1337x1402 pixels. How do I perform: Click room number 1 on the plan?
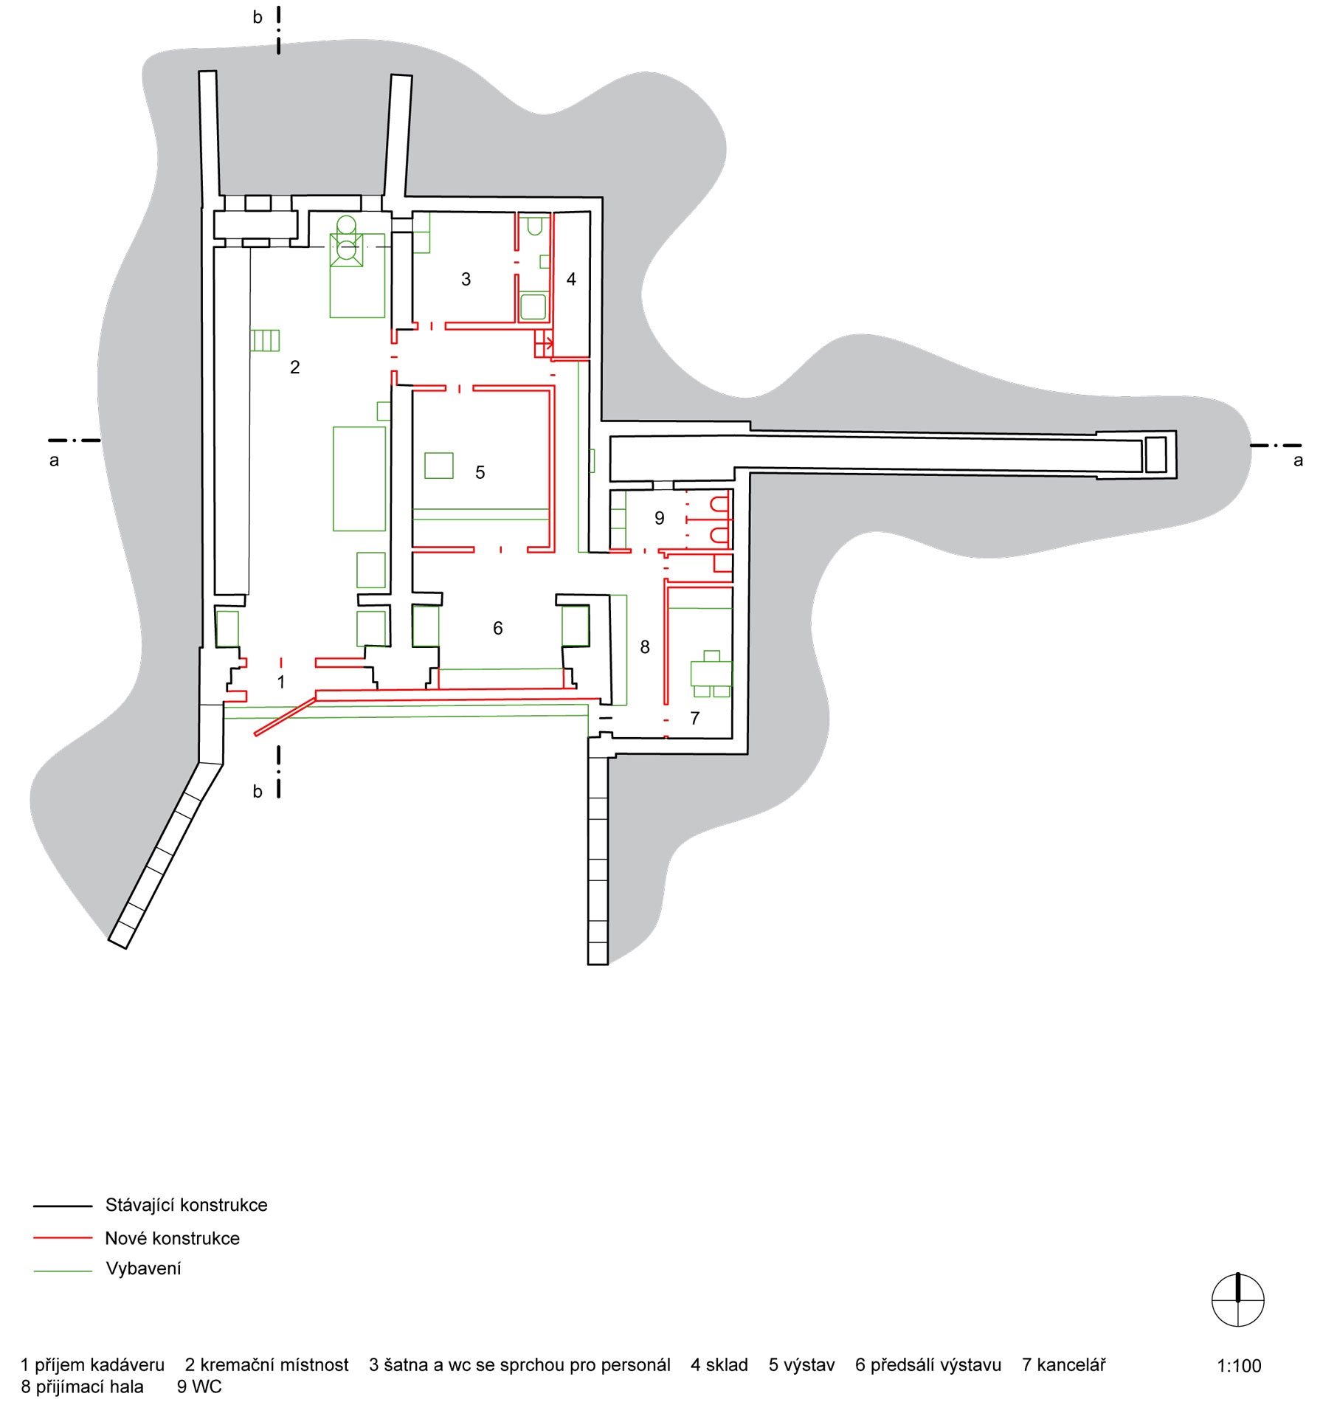click(281, 683)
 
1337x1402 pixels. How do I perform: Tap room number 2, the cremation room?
click(295, 367)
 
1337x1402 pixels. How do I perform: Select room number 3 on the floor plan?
click(466, 280)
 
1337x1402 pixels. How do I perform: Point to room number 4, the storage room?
click(571, 280)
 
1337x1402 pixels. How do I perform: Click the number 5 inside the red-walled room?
click(480, 473)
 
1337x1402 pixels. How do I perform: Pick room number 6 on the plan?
click(498, 629)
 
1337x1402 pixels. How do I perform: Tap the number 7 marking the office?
click(694, 719)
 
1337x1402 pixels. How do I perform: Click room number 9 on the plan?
click(660, 519)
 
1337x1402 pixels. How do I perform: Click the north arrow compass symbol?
click(1238, 1299)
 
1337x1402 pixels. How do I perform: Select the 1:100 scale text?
click(1239, 1366)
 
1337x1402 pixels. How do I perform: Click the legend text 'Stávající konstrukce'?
click(187, 1205)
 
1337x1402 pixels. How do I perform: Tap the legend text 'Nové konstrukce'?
click(173, 1238)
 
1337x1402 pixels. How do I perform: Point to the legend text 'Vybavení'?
click(144, 1268)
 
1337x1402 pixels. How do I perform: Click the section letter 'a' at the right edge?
click(1299, 461)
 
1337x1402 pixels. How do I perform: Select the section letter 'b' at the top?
click(258, 17)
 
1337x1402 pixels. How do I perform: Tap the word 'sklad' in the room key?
click(727, 1365)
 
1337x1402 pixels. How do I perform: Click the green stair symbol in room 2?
click(265, 340)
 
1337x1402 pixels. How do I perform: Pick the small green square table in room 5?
click(439, 466)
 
